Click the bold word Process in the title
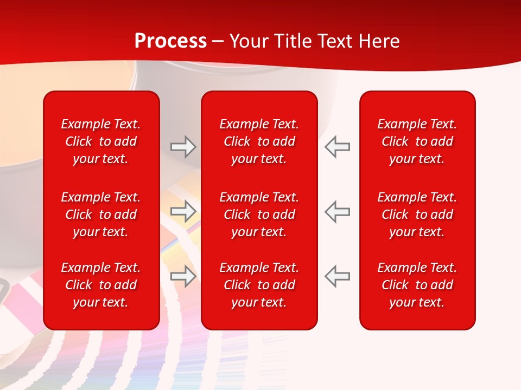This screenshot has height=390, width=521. (170, 41)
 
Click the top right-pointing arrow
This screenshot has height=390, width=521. (183, 146)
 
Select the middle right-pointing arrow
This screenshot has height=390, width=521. (183, 211)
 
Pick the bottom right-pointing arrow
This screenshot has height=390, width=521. (183, 276)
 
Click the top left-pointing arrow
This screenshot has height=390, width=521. (338, 146)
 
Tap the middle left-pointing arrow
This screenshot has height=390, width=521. (338, 211)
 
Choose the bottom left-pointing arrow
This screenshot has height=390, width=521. (338, 276)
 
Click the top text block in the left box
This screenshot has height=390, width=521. (101, 141)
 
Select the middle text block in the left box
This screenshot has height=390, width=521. (101, 214)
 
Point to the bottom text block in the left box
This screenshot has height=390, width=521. (101, 285)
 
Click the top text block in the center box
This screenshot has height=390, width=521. (259, 141)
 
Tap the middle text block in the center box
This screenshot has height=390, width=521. (259, 214)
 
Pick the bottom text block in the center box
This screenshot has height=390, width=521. (259, 285)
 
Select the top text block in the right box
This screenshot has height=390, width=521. (417, 141)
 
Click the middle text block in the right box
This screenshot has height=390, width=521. (417, 214)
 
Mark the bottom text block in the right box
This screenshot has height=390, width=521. (417, 285)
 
